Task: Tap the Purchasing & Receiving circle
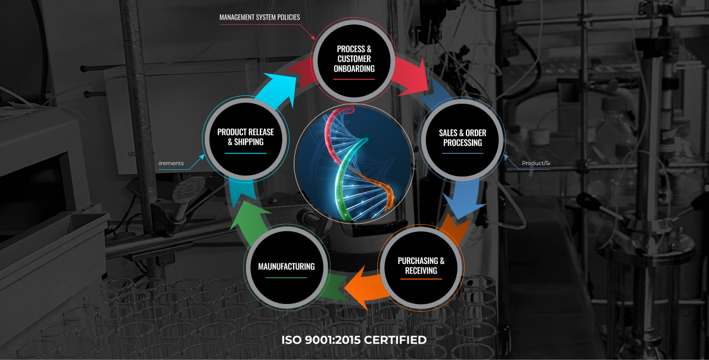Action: point(421,266)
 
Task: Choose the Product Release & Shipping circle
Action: point(245,138)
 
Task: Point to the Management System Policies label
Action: point(260,17)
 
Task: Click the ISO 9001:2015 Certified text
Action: point(354,340)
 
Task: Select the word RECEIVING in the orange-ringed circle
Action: point(421,271)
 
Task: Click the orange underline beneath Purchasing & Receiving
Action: point(421,279)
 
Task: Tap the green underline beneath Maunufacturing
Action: point(286,278)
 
